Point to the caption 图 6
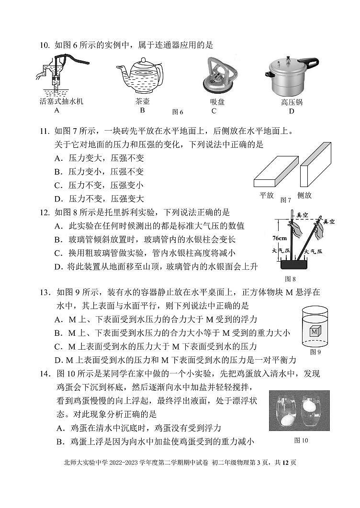(x=178, y=112)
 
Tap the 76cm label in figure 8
(x=280, y=238)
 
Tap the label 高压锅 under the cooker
(x=292, y=102)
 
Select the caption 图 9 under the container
(x=315, y=353)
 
